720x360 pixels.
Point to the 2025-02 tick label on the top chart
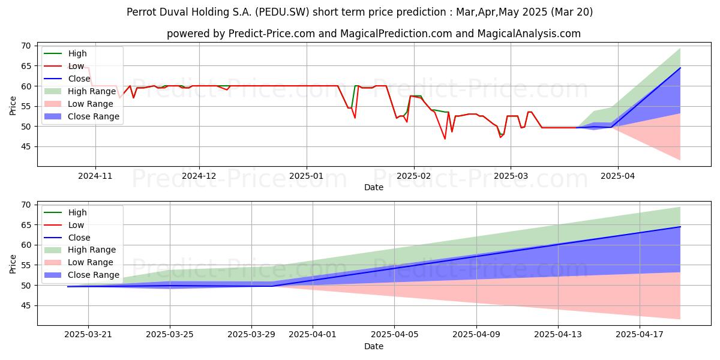[x=413, y=176]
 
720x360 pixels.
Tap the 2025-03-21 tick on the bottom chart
[x=88, y=335]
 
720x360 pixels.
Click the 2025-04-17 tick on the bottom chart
[x=640, y=335]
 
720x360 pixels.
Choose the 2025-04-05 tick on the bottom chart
[x=394, y=335]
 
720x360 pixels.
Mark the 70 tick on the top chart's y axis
[x=26, y=46]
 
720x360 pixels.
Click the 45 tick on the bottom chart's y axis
[x=26, y=305]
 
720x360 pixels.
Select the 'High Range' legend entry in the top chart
[x=92, y=91]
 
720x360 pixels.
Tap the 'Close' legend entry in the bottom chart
[x=78, y=238]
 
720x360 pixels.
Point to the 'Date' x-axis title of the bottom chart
[x=373, y=346]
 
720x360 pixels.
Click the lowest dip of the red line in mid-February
[x=445, y=139]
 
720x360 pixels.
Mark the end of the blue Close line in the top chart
[x=680, y=68]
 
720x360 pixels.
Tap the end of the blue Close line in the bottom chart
[x=680, y=227]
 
